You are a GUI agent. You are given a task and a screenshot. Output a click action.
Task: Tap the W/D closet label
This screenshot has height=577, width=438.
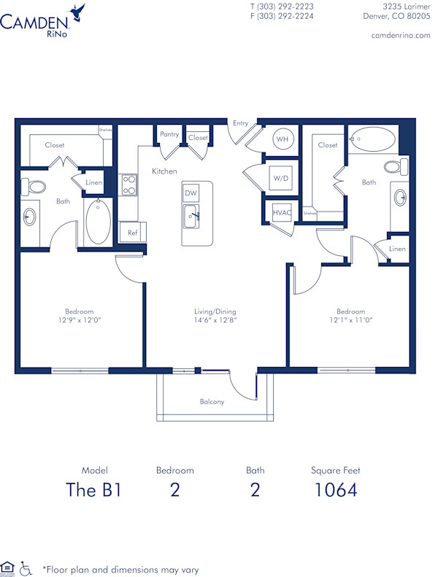(281, 178)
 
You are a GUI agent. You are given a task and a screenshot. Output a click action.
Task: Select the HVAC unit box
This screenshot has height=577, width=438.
(282, 212)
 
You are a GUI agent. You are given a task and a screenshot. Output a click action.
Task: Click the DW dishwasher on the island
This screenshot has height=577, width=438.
(191, 193)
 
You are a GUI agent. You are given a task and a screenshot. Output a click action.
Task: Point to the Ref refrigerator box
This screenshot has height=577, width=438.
(133, 233)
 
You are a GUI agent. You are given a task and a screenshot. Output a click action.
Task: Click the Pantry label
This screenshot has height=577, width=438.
(169, 134)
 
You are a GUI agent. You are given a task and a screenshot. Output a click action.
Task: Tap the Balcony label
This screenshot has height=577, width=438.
(212, 402)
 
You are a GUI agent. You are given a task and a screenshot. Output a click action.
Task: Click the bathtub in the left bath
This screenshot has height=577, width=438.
(98, 222)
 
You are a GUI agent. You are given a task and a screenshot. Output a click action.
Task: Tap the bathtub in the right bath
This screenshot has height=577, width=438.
(372, 138)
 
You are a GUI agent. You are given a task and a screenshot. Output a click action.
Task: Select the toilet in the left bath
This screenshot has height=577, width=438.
(34, 186)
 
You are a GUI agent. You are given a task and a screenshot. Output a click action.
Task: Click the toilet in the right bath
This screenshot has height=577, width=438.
(393, 167)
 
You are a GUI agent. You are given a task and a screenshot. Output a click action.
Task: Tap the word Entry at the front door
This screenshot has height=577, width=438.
(241, 123)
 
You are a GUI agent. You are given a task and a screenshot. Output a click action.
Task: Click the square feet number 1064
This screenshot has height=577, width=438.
(336, 489)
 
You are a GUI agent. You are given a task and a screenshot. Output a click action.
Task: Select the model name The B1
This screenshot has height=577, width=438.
(93, 489)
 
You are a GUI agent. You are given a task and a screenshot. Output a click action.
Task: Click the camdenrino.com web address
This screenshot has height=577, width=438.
(401, 35)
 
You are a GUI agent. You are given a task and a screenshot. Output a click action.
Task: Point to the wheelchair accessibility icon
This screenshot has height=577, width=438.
(26, 567)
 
